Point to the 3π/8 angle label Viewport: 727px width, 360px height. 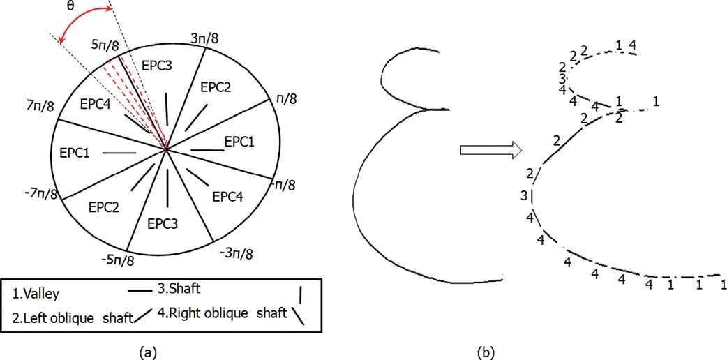204,38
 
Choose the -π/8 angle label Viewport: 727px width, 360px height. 283,185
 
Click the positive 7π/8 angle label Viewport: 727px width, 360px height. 40,106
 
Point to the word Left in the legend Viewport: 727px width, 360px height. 36,314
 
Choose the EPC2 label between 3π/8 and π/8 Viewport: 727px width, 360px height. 216,87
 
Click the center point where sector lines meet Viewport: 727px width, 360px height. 166,149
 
